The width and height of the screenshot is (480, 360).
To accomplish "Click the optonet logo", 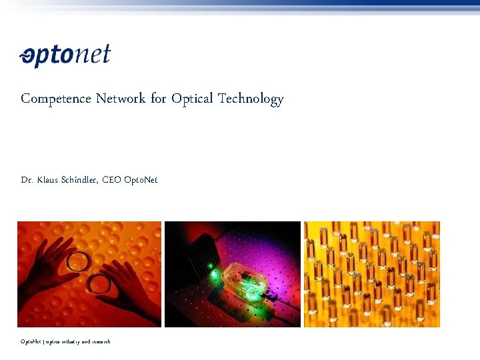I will coord(65,56).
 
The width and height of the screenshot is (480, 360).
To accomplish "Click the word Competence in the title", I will coord(55,99).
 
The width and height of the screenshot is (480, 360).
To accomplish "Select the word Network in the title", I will coord(120,99).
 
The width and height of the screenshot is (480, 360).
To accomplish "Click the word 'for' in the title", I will coord(158,99).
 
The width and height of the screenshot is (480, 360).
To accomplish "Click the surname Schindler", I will coord(81,180).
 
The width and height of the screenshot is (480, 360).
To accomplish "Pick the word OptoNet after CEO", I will coord(141,180).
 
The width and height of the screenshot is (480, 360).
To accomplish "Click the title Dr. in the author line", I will coord(27,180).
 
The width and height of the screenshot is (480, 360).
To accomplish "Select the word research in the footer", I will coord(100,342).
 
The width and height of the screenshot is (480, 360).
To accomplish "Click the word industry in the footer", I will coord(71,342).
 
